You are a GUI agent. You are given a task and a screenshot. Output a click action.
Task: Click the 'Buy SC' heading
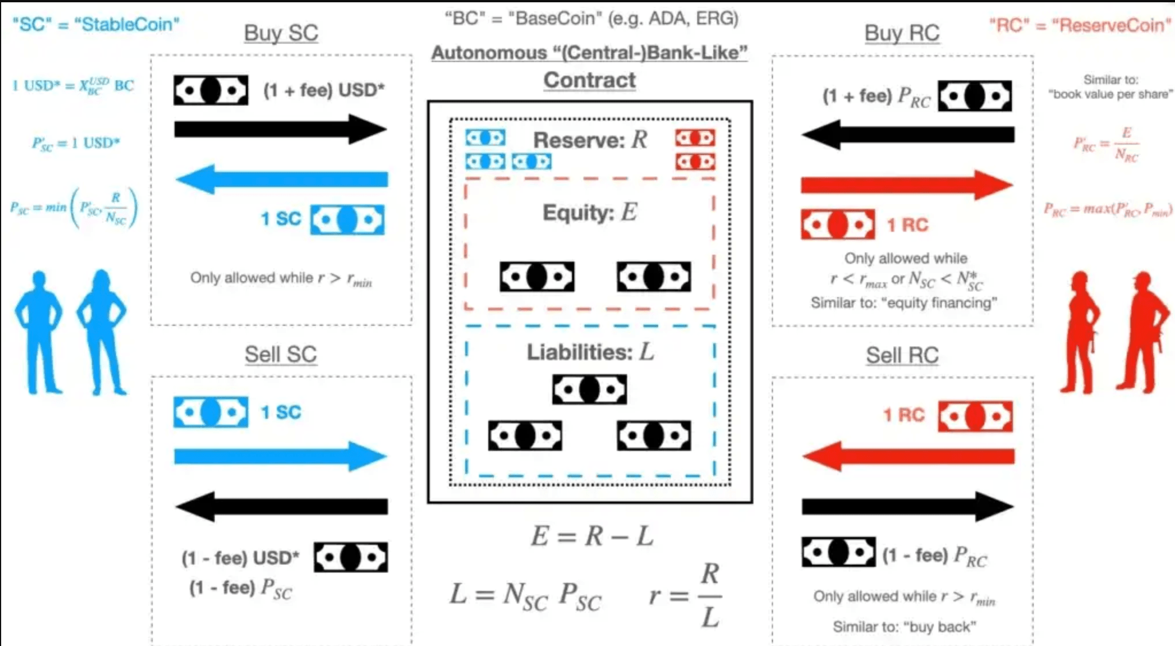(281, 33)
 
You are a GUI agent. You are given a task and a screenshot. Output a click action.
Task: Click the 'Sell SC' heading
(281, 355)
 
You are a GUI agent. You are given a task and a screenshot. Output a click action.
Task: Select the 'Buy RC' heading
(902, 33)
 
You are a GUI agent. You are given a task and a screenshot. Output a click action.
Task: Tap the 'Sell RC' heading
(902, 356)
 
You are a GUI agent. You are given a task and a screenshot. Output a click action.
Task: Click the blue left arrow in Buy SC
(281, 179)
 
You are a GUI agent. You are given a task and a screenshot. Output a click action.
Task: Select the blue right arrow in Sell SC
(281, 457)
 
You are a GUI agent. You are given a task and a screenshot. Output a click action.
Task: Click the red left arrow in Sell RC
(908, 457)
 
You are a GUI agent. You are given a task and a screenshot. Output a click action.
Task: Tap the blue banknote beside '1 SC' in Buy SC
(347, 220)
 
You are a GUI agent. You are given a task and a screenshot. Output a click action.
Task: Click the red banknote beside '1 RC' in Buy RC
(838, 224)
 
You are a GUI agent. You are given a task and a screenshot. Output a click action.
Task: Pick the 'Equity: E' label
(590, 212)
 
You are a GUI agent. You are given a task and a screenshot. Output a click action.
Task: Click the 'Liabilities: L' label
(590, 352)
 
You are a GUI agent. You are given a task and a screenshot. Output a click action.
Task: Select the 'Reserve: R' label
(590, 139)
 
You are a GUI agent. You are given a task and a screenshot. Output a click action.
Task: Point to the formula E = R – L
(592, 536)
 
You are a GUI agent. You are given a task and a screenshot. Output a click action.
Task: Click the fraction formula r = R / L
(685, 596)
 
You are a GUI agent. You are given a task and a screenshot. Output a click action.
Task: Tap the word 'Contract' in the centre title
(590, 80)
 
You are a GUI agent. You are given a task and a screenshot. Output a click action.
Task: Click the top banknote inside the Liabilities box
(589, 390)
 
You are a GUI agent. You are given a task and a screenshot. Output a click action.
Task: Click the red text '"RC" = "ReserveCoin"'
(1080, 25)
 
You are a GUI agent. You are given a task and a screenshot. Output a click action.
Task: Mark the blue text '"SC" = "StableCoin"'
(96, 25)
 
